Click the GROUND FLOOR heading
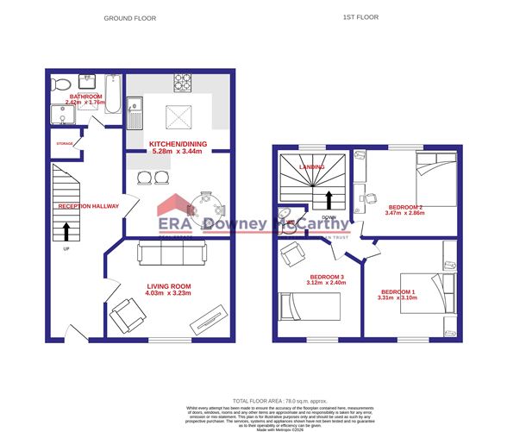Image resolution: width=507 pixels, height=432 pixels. [129, 17]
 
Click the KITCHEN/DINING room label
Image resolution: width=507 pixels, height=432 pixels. [178, 143]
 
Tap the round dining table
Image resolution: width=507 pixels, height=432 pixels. [210, 203]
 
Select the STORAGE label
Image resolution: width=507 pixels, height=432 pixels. [65, 144]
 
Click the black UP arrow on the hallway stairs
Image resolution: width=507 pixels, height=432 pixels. [66, 232]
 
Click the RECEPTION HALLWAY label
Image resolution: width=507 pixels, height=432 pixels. [86, 207]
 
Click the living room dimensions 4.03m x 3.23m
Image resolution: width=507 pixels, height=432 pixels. [168, 294]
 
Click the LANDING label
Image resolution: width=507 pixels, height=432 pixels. [311, 166]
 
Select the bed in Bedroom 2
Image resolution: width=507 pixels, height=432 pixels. [438, 178]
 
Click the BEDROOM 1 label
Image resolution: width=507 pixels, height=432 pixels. [398, 292]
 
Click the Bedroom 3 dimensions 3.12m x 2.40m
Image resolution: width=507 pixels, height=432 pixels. [327, 283]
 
